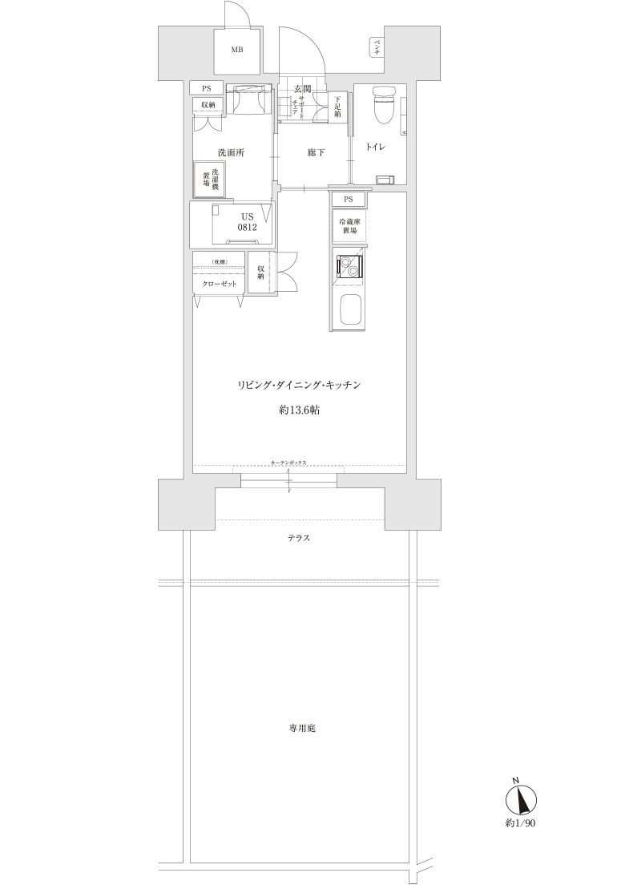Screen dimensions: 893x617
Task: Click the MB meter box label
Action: point(236,50)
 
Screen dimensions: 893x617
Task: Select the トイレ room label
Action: point(377,147)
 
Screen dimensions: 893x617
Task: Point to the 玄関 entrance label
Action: point(302,89)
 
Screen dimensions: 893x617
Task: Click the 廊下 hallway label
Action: point(316,152)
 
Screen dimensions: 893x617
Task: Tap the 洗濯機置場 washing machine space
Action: point(210,179)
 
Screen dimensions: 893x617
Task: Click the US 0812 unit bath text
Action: point(246,222)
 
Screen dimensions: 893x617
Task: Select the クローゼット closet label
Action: point(219,284)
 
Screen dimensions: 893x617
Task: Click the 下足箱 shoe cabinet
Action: point(338,107)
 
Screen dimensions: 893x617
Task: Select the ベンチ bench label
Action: point(376,47)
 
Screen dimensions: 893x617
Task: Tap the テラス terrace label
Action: point(299,538)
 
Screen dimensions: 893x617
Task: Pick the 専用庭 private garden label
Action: point(301,729)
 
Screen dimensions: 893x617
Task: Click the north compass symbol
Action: point(519,799)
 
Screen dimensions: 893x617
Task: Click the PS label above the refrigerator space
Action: point(349,199)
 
